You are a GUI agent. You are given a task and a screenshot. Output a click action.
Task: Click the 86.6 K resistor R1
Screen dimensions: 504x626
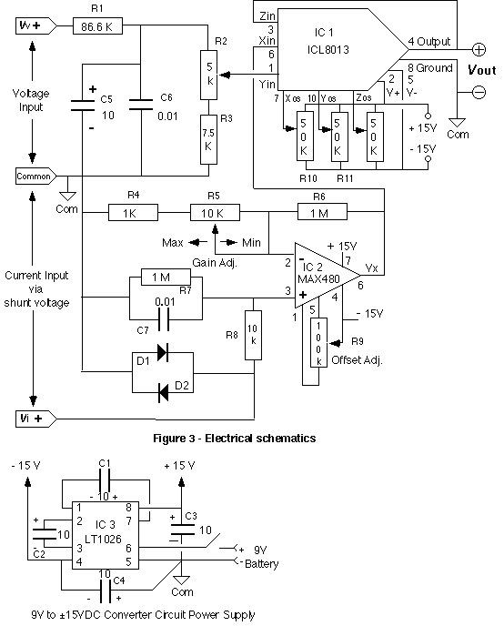point(97,26)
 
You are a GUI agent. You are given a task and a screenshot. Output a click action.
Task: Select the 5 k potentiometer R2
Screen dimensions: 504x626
point(208,75)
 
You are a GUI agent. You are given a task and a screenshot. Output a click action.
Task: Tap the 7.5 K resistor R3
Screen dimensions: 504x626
point(208,140)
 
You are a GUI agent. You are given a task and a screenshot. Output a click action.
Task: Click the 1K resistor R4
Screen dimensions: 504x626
point(134,212)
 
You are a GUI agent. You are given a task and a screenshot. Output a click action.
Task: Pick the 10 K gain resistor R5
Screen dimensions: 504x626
point(215,212)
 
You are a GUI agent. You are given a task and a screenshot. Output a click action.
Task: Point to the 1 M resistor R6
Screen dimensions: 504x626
point(322,212)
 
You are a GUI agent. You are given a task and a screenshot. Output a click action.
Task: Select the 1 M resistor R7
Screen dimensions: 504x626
point(166,277)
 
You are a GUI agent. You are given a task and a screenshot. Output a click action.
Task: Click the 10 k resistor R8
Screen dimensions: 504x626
point(253,335)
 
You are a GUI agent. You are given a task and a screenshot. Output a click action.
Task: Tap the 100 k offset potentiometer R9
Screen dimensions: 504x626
point(318,342)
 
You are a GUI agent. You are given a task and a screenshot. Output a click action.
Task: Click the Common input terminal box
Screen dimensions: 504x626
point(35,176)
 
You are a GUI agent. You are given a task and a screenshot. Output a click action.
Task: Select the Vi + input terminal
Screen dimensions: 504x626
point(35,419)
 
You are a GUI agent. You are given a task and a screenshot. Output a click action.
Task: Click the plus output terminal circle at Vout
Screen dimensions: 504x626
point(479,49)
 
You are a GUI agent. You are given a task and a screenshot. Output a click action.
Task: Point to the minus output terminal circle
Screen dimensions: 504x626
point(479,92)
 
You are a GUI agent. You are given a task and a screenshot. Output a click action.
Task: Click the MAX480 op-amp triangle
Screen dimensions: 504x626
point(323,275)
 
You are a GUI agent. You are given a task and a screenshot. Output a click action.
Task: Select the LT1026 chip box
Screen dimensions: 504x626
point(106,535)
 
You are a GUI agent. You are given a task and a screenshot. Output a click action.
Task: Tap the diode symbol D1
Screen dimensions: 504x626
point(163,352)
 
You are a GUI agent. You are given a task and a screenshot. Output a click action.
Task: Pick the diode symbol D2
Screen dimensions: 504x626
point(163,392)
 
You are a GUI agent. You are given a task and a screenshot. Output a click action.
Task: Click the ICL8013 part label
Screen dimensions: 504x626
point(328,49)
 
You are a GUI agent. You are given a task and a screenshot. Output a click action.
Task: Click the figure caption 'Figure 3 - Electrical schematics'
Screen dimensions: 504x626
point(234,439)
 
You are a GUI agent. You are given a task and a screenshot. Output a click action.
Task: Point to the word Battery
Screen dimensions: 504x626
point(261,564)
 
